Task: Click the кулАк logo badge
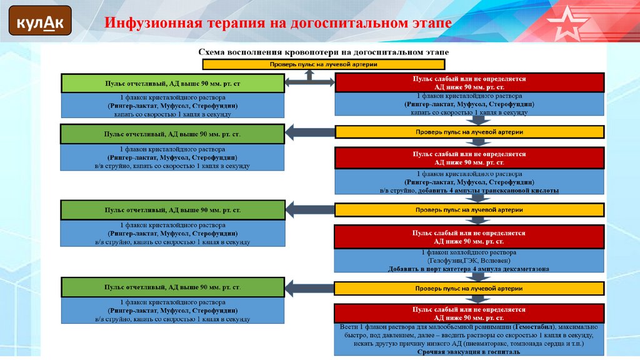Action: click(39, 23)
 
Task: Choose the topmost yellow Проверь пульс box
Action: click(323, 64)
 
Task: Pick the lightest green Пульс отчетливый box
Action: click(172, 83)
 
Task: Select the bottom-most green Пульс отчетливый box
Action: click(172, 287)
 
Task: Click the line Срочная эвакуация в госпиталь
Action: click(469, 352)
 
